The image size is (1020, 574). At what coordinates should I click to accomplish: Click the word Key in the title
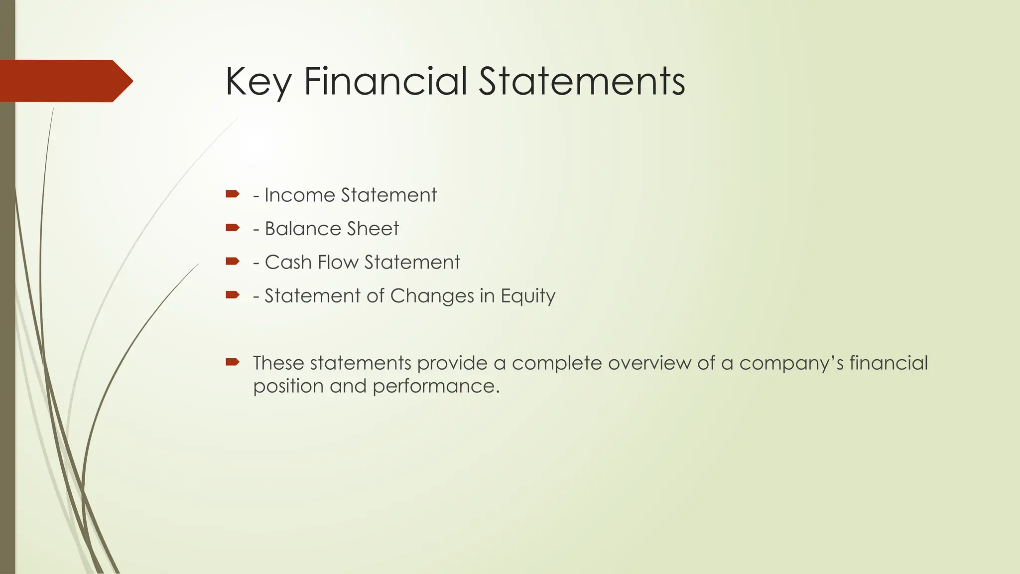click(257, 82)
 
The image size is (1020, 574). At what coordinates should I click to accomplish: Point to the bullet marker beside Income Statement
click(232, 194)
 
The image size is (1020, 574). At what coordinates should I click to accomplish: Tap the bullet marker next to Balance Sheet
click(232, 228)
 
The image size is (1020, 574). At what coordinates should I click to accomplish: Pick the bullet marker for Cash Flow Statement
click(232, 261)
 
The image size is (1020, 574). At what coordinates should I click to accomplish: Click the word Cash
click(288, 262)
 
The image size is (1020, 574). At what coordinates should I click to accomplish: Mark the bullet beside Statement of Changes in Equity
click(232, 295)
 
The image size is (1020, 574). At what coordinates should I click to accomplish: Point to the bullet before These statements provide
click(232, 362)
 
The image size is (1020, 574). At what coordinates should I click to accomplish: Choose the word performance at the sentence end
click(436, 387)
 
